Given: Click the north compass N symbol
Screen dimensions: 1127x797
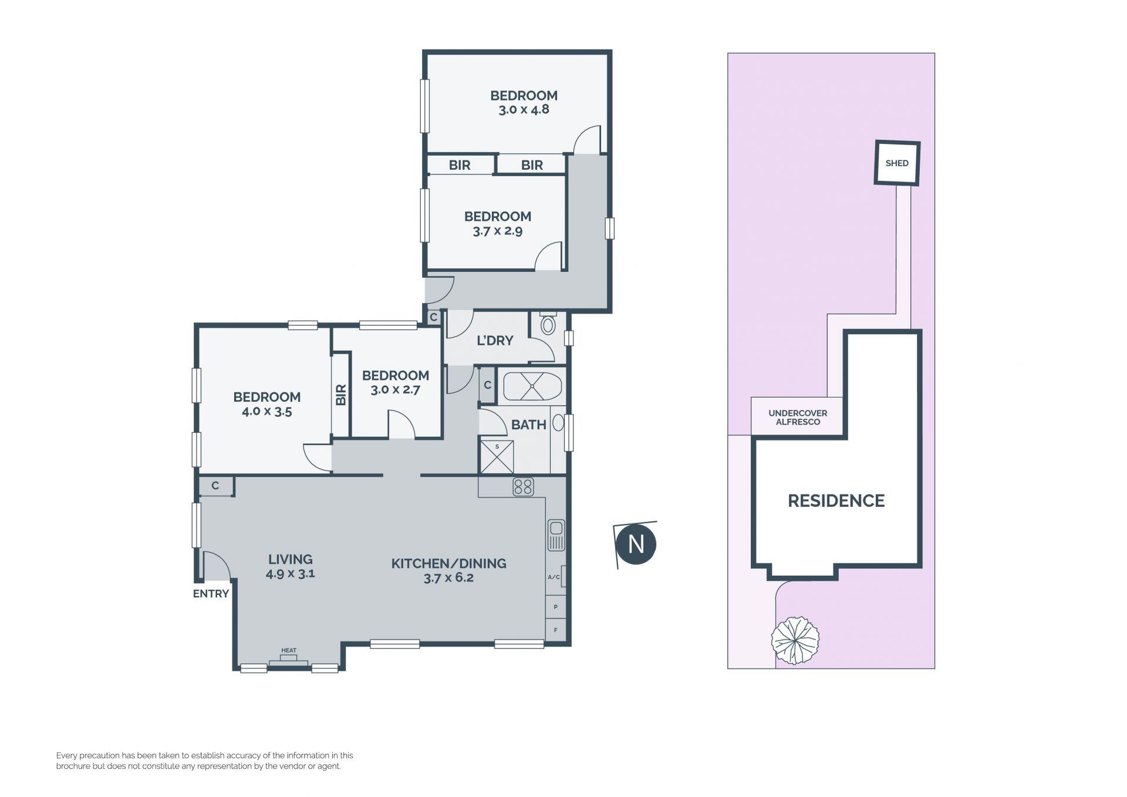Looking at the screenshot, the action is point(636,544).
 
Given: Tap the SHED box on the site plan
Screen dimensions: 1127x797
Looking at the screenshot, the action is point(897,163).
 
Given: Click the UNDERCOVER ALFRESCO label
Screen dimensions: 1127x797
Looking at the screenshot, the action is point(798,418).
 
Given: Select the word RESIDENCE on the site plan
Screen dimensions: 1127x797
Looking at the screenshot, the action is point(836,500).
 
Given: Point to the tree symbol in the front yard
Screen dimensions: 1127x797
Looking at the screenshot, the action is point(795,640).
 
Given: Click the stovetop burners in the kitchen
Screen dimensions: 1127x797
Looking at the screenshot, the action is point(523,487).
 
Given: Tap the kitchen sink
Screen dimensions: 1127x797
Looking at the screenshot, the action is point(556,534).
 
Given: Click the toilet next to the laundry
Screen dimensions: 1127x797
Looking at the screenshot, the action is point(548,324).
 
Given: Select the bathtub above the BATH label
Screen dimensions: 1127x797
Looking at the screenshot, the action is point(532,386).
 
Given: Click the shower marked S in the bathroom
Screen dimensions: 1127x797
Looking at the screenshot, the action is point(497,456).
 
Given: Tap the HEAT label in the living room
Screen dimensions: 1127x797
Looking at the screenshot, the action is point(289,650).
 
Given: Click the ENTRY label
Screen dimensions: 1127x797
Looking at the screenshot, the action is point(211,594).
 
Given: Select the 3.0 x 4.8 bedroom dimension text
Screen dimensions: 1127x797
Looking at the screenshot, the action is point(524,109).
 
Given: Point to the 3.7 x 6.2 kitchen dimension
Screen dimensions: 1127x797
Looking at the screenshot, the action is point(448,577).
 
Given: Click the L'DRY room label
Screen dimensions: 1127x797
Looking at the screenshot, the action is point(495,341).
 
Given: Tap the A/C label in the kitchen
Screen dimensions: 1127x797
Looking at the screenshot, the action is point(554,577).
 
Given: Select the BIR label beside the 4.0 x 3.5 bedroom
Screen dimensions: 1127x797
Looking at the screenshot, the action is point(341,395).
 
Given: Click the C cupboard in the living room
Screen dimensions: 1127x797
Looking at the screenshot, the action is point(215,486).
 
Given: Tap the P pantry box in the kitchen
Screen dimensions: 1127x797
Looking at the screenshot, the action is point(555,607).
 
